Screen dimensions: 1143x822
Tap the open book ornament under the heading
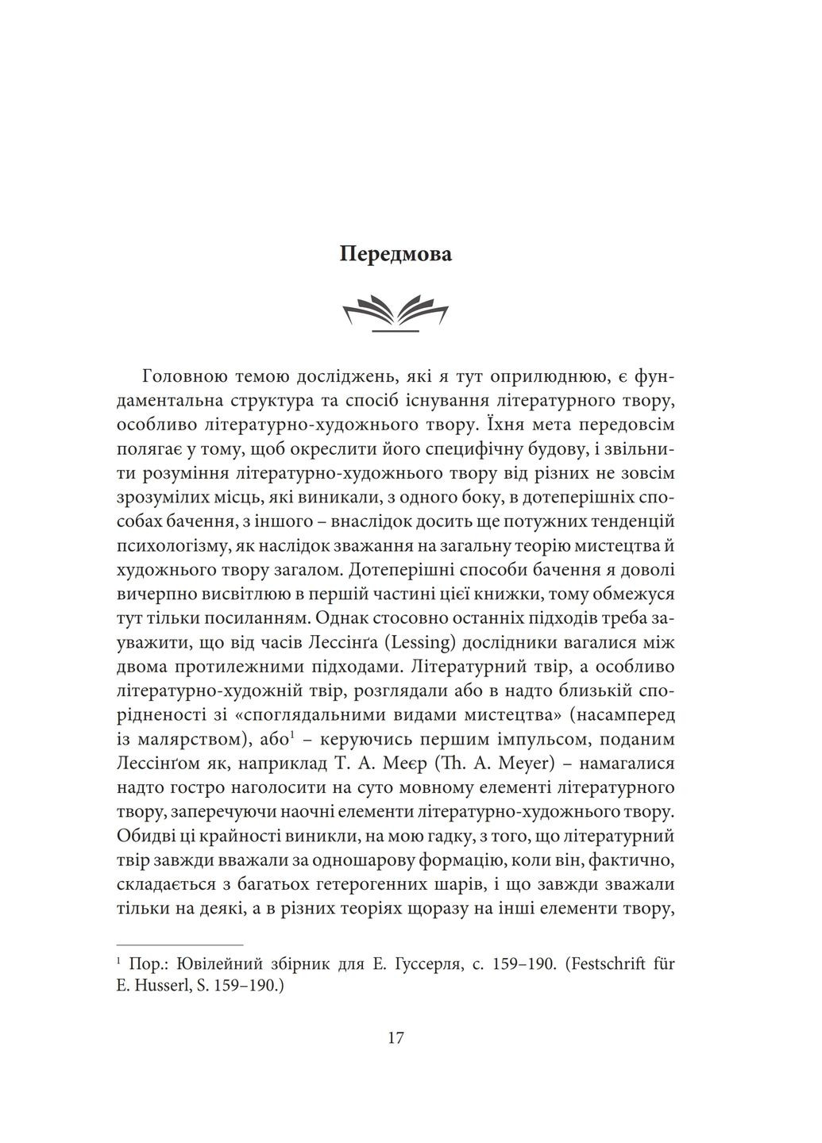pyautogui.click(x=396, y=313)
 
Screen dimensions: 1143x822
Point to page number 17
pyautogui.click(x=396, y=1038)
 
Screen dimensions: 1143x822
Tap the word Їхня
pyautogui.click(x=507, y=423)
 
